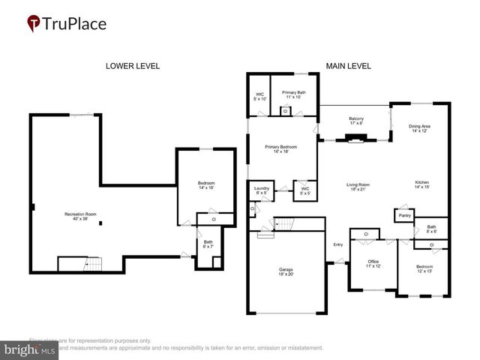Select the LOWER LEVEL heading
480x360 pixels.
pos(132,66)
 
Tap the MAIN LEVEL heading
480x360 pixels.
pos(348,66)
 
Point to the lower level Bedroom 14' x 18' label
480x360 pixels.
pos(206,186)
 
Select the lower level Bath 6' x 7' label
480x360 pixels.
pos(208,244)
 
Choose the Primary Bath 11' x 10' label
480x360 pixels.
pos(294,95)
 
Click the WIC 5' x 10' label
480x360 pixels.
pos(259,96)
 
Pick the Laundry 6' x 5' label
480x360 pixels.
pos(262,190)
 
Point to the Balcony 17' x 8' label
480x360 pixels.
pos(356,121)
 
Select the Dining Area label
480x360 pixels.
pos(420,128)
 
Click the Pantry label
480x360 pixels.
pos(405,214)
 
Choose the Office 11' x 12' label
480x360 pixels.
pos(373,264)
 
